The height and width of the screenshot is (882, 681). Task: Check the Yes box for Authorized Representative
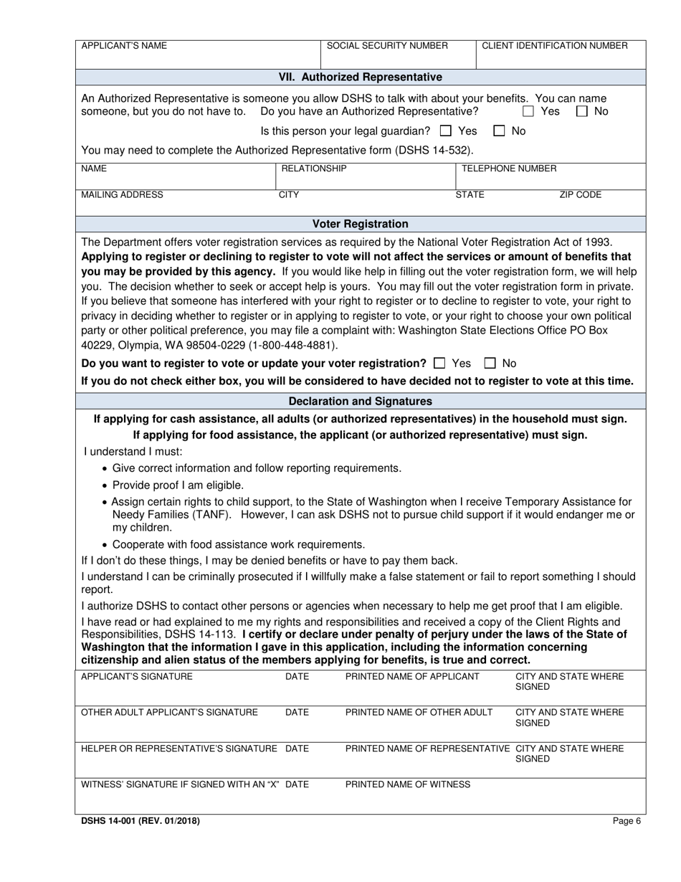click(x=528, y=112)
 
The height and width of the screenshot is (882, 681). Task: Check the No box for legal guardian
click(x=499, y=131)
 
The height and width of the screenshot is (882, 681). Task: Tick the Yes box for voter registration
click(x=440, y=364)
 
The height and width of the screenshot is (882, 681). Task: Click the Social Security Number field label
click(x=387, y=46)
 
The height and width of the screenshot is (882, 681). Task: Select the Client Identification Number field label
click(x=554, y=46)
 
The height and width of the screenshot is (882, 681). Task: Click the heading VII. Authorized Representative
click(x=360, y=77)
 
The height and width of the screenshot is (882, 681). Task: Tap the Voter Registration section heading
click(x=360, y=224)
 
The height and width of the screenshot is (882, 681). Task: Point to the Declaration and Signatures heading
click(x=360, y=402)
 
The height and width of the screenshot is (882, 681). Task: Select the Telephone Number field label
click(x=508, y=169)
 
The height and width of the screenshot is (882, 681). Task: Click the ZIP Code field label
click(x=580, y=195)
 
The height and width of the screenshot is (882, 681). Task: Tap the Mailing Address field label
click(x=122, y=195)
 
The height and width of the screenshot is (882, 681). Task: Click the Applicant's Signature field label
click(x=137, y=677)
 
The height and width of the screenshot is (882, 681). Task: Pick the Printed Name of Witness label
click(x=408, y=784)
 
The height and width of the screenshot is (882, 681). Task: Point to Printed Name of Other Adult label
click(x=419, y=713)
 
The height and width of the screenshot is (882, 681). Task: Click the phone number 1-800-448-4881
click(x=292, y=345)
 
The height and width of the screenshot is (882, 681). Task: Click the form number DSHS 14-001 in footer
click(x=141, y=822)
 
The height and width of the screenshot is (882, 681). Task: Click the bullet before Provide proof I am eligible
click(x=105, y=486)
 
